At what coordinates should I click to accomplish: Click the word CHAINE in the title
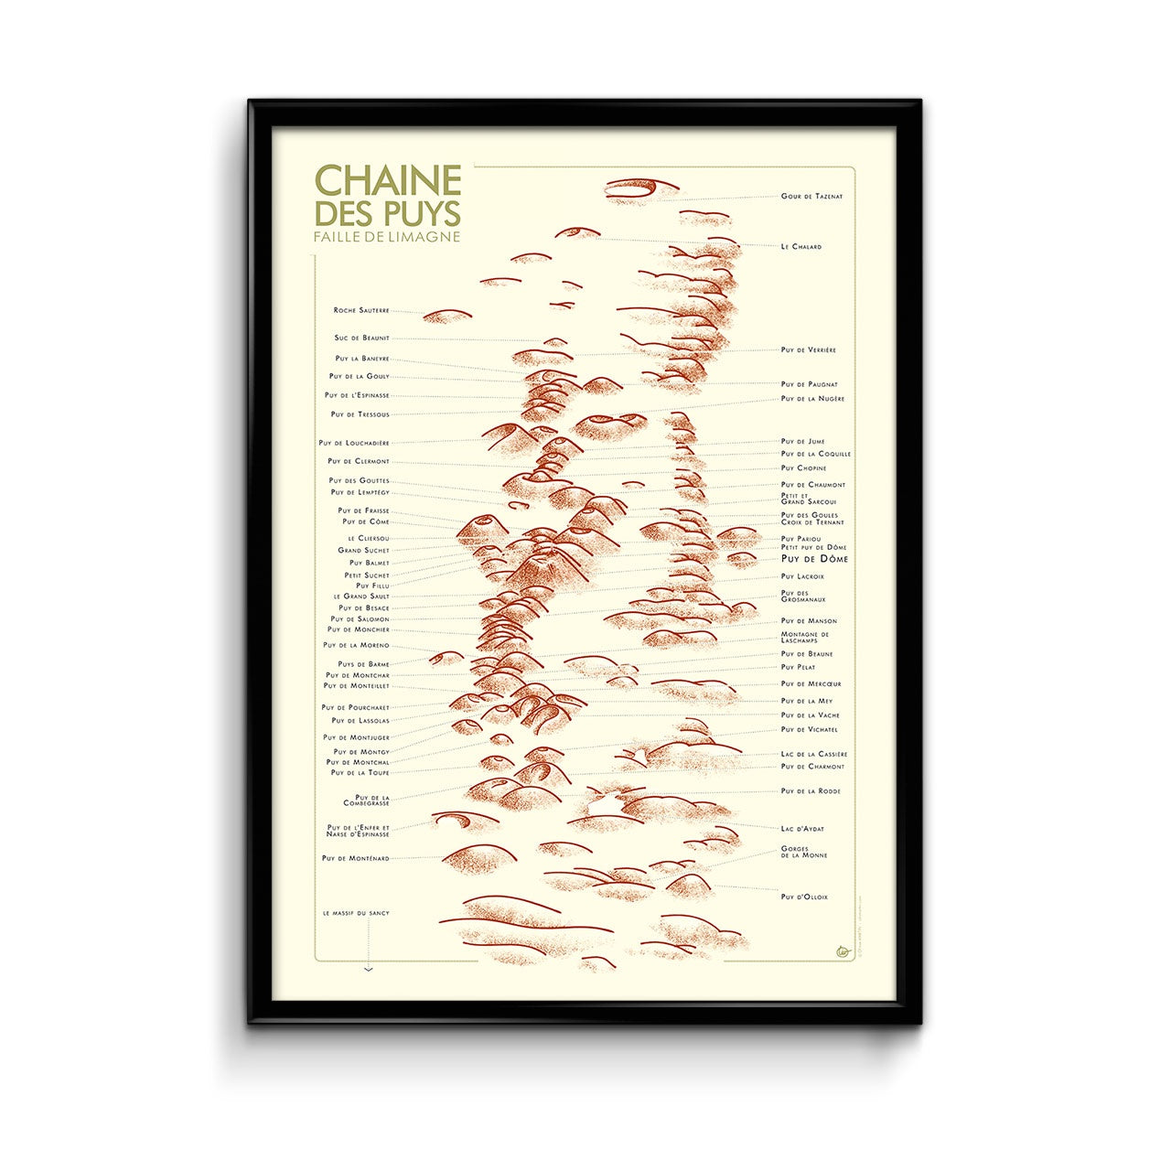pos(387,180)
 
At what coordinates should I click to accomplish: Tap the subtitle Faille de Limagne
pos(386,236)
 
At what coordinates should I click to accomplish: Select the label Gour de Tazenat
pos(811,197)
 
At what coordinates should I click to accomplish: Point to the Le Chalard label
pos(800,247)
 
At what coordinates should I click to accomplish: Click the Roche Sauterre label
pos(361,311)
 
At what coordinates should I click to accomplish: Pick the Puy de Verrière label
pos(808,350)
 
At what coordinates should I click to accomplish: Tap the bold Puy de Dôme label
pos(814,559)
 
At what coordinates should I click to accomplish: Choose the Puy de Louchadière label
pos(354,444)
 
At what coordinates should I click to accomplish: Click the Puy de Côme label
pos(366,522)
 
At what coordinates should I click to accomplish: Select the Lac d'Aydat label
pos(802,829)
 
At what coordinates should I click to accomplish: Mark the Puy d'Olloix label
pos(804,897)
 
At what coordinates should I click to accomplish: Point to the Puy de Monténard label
pos(355,859)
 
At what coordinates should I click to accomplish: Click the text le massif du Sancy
pos(356,913)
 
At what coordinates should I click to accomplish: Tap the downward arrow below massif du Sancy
pos(368,968)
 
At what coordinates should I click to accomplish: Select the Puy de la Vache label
pos(810,715)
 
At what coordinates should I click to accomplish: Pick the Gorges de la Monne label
pos(804,852)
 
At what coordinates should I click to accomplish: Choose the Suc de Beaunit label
pos(361,338)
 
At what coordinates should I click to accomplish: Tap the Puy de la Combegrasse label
pos(366,800)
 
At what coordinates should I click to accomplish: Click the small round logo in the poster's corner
pos(843,951)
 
